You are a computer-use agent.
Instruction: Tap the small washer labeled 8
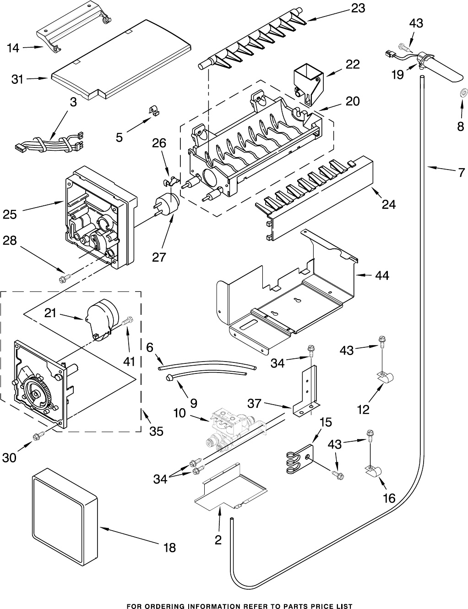tap(462, 94)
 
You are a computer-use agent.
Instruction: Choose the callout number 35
tap(157, 431)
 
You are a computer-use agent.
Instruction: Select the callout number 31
tap(17, 79)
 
